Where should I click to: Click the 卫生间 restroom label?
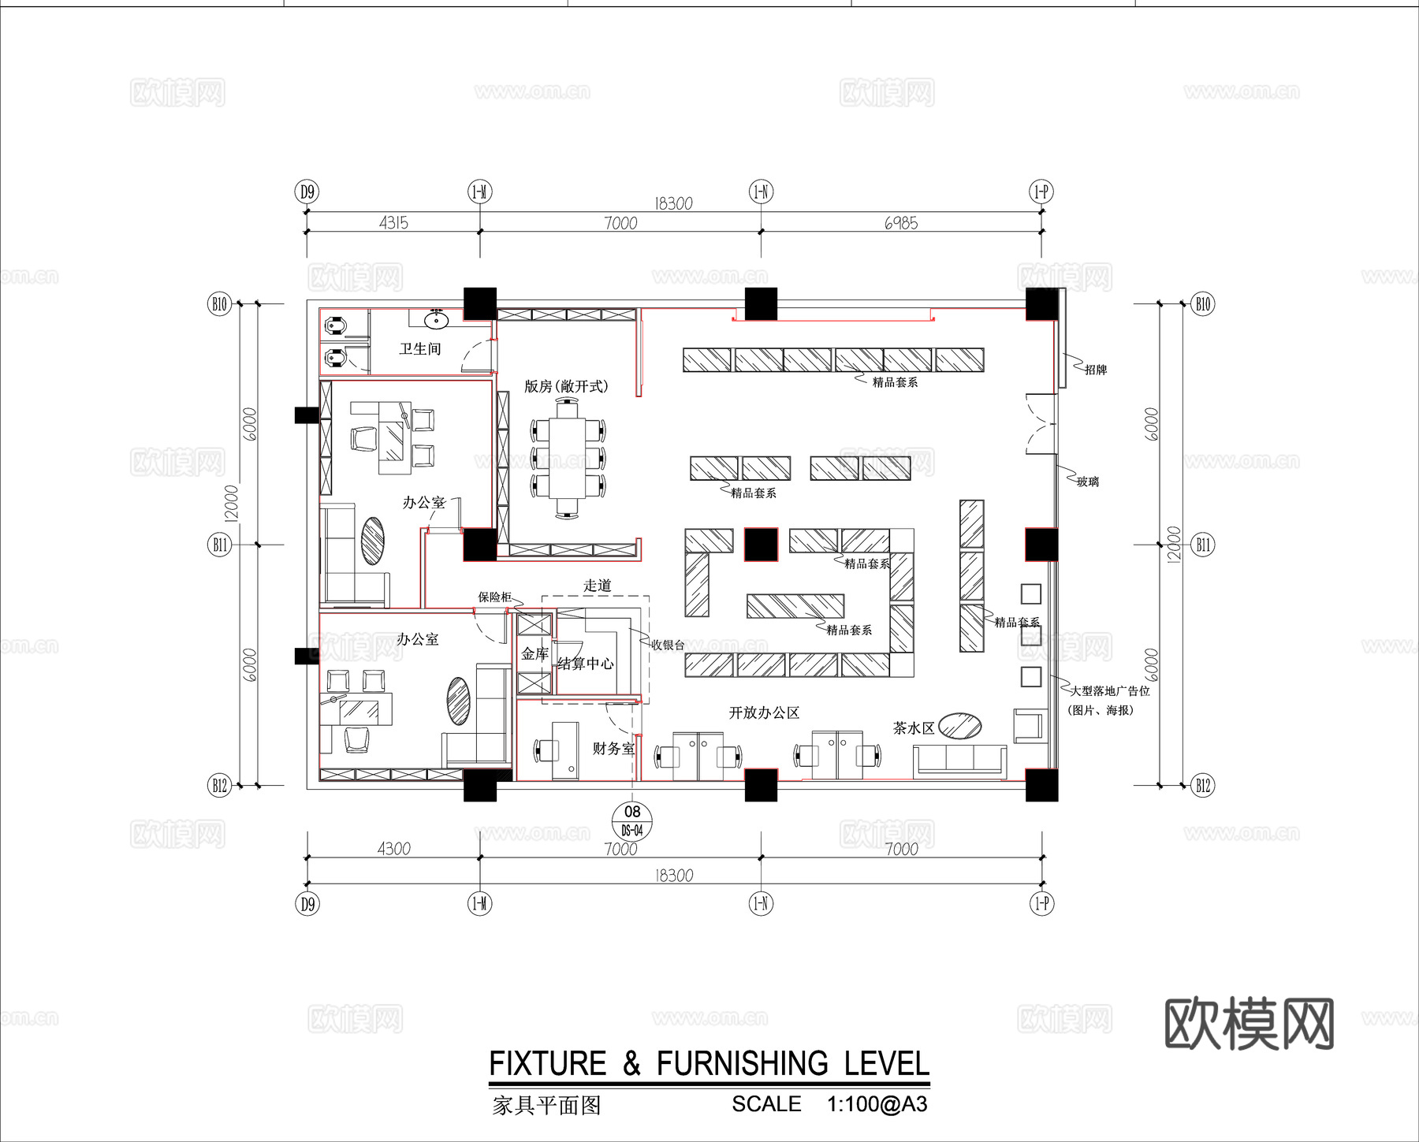coord(419,348)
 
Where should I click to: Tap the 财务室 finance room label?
coord(613,748)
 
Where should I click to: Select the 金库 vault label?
coord(534,653)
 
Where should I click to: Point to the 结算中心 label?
coord(585,664)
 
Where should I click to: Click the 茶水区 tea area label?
coord(913,728)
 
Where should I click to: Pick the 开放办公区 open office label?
coord(764,712)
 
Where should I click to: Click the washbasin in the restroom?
coord(436,320)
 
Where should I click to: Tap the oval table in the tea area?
coord(960,726)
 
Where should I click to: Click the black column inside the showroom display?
coord(761,545)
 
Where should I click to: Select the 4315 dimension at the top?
coord(393,223)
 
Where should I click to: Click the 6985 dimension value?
coord(900,223)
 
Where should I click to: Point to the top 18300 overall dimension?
coord(673,203)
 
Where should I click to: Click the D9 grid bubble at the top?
coord(307,192)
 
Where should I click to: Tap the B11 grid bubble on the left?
coord(219,545)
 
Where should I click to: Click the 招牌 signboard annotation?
coord(1095,370)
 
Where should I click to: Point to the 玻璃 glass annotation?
coord(1088,482)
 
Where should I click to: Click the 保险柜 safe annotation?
coord(495,597)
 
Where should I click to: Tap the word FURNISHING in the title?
coord(742,1064)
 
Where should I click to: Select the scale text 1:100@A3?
coord(877,1104)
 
